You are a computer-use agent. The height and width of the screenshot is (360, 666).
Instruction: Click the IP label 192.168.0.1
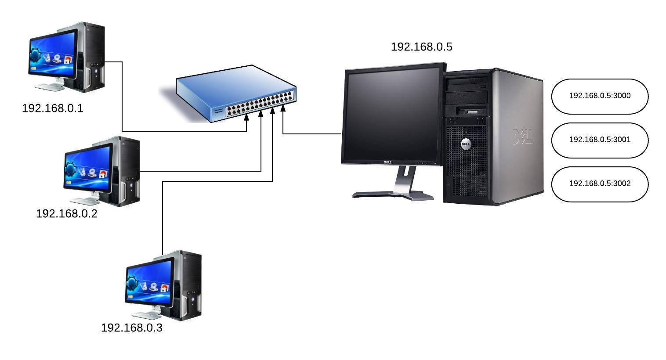[x=52, y=108]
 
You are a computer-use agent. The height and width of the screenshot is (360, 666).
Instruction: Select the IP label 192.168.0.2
[x=66, y=214]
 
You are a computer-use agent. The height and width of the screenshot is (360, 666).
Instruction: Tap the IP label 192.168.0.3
[x=131, y=328]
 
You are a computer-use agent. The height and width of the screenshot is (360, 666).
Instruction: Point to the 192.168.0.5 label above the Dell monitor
[x=421, y=47]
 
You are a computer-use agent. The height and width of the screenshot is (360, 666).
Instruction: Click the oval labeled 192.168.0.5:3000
[x=600, y=96]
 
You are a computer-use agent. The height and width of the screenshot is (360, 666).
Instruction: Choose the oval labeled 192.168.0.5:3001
[x=600, y=140]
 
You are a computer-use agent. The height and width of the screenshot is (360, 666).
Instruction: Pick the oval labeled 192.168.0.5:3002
[x=600, y=184]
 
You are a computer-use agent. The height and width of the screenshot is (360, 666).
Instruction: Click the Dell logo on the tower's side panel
[x=523, y=137]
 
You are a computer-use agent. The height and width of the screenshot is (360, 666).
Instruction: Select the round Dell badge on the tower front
[x=466, y=144]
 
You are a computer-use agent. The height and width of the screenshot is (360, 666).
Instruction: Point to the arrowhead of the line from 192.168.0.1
[x=246, y=119]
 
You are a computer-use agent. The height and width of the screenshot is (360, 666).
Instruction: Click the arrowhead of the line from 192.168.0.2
[x=261, y=113]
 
